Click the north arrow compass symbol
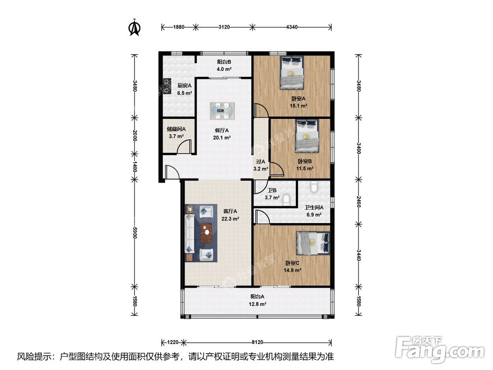pos(135,28)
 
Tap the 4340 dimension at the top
pos(292,27)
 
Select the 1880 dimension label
pos(178,27)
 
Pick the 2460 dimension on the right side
pos(358,202)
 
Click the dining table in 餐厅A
pos(222,111)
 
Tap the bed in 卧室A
pos(292,73)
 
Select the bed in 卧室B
pos(307,136)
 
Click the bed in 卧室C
pos(313,243)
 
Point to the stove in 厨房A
pos(166,86)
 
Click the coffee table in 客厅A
pos(207,233)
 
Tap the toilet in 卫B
pos(286,200)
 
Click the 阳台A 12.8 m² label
pos(257,300)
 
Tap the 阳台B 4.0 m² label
pos(224,66)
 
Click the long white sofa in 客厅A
pos(190,233)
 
